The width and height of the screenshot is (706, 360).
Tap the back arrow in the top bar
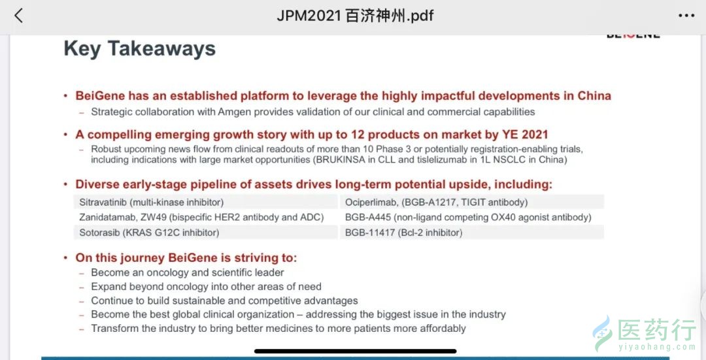click(x=18, y=16)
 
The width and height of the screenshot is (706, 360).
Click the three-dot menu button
click(x=686, y=16)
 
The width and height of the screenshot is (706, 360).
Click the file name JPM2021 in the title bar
click(x=309, y=16)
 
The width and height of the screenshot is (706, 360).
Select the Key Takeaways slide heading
click(x=140, y=48)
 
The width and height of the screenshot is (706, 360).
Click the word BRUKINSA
click(x=341, y=160)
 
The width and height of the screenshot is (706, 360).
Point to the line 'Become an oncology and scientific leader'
click(x=188, y=272)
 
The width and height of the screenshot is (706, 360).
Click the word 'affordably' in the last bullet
click(x=443, y=329)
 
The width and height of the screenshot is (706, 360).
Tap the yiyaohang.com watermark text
click(x=658, y=346)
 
